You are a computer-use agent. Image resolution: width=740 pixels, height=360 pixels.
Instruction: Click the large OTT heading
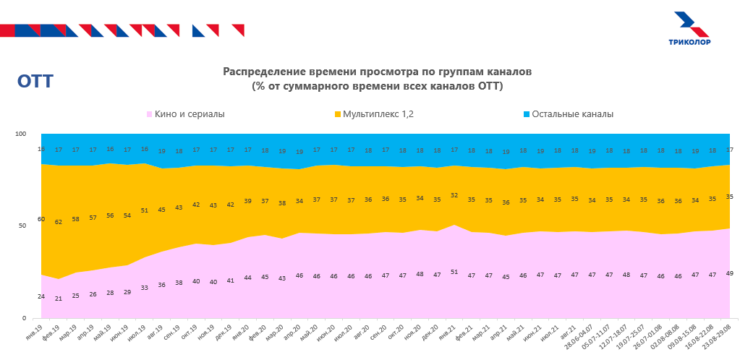pyautogui.click(x=35, y=82)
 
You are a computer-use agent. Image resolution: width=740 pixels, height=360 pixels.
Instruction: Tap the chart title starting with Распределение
pyautogui.click(x=377, y=80)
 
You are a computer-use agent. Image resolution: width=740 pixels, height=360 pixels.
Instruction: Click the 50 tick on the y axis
pyautogui.click(x=22, y=226)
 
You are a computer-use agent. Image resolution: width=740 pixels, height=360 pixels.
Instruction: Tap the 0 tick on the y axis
pyautogui.click(x=24, y=318)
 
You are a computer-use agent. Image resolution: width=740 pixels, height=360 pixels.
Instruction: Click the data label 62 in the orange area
pyautogui.click(x=59, y=222)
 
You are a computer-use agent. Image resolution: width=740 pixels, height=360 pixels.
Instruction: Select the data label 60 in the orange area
pyautogui.click(x=41, y=219)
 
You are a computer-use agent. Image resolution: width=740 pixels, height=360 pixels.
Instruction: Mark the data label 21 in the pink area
pyautogui.click(x=59, y=299)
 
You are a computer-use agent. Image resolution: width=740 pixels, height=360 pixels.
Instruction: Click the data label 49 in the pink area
pyautogui.click(x=728, y=273)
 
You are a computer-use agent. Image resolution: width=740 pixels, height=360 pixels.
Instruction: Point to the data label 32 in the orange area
pyautogui.click(x=454, y=195)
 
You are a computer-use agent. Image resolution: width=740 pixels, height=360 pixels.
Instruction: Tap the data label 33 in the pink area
pyautogui.click(x=144, y=288)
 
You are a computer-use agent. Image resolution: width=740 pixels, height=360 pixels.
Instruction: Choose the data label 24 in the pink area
pyautogui.click(x=41, y=296)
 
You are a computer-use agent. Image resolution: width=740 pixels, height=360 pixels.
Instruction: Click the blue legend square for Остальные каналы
pyautogui.click(x=526, y=114)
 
